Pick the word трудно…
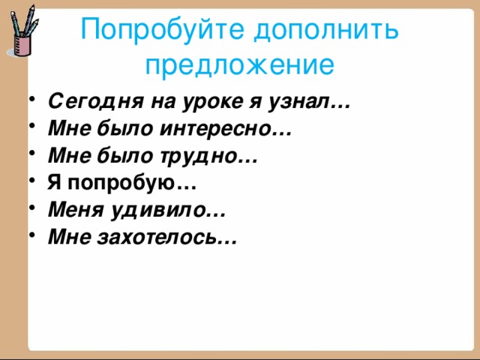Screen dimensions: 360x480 coord(205,157)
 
